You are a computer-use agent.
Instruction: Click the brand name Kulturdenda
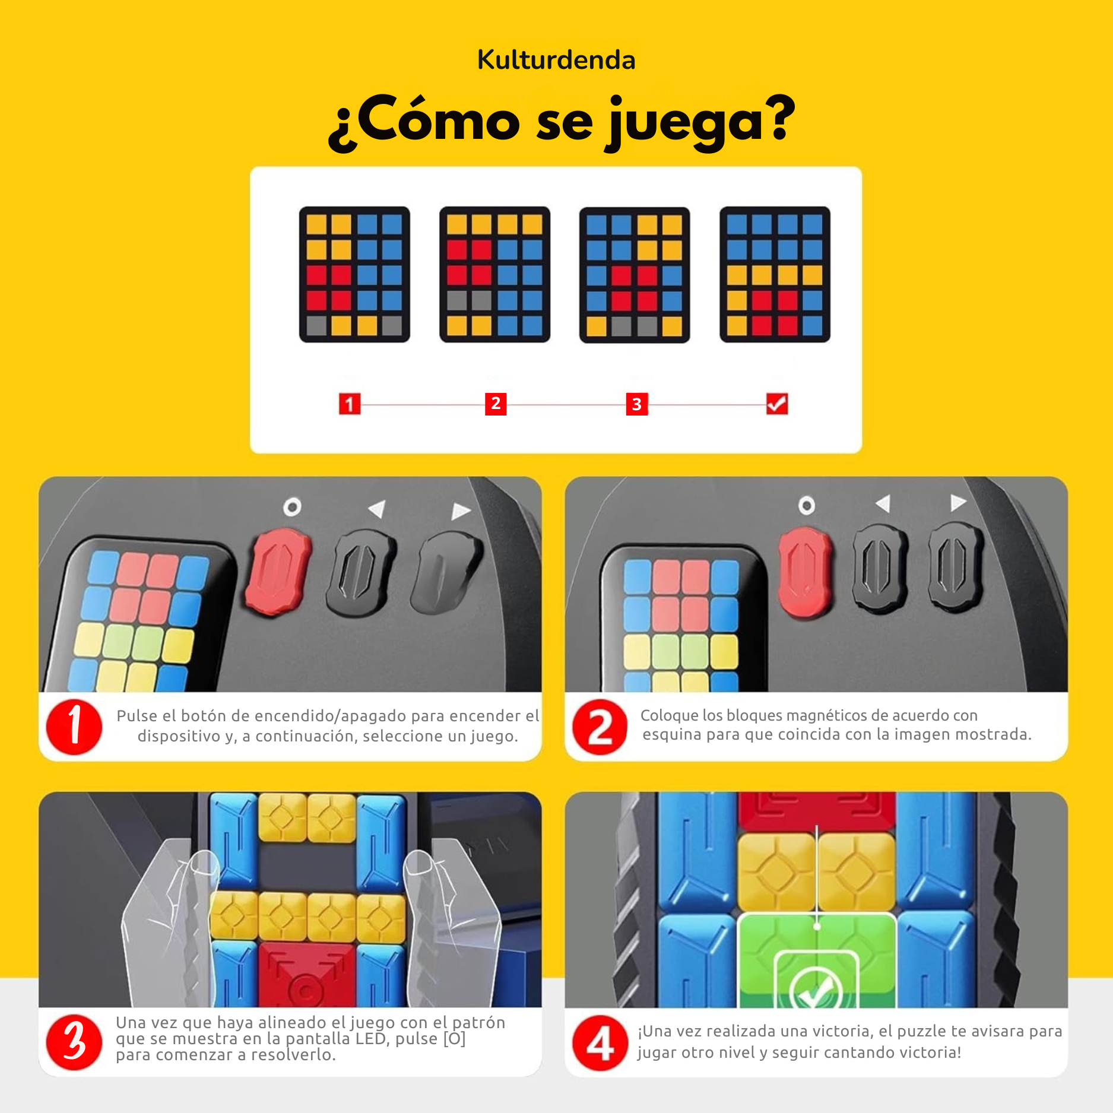coord(556,60)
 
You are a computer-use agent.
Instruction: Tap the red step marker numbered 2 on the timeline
coord(495,404)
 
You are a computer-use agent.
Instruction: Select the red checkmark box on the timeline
coord(776,404)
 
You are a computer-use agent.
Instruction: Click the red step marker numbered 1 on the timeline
coord(350,404)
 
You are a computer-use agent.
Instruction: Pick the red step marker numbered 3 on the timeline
coord(636,404)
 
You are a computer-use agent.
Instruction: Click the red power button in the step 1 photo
coord(277,572)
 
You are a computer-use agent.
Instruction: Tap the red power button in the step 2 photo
coord(805,572)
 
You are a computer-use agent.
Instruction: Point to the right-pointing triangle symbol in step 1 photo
coord(460,511)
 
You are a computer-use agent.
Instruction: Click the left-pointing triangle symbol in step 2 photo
coord(883,504)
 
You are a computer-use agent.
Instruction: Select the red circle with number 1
coord(74,727)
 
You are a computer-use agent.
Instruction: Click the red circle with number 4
coord(600,1042)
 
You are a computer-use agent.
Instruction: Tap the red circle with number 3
coord(74,1041)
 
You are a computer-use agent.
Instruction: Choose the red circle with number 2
coord(600,727)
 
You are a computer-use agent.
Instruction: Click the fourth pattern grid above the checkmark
coord(775,274)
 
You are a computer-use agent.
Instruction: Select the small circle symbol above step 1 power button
coord(292,507)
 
